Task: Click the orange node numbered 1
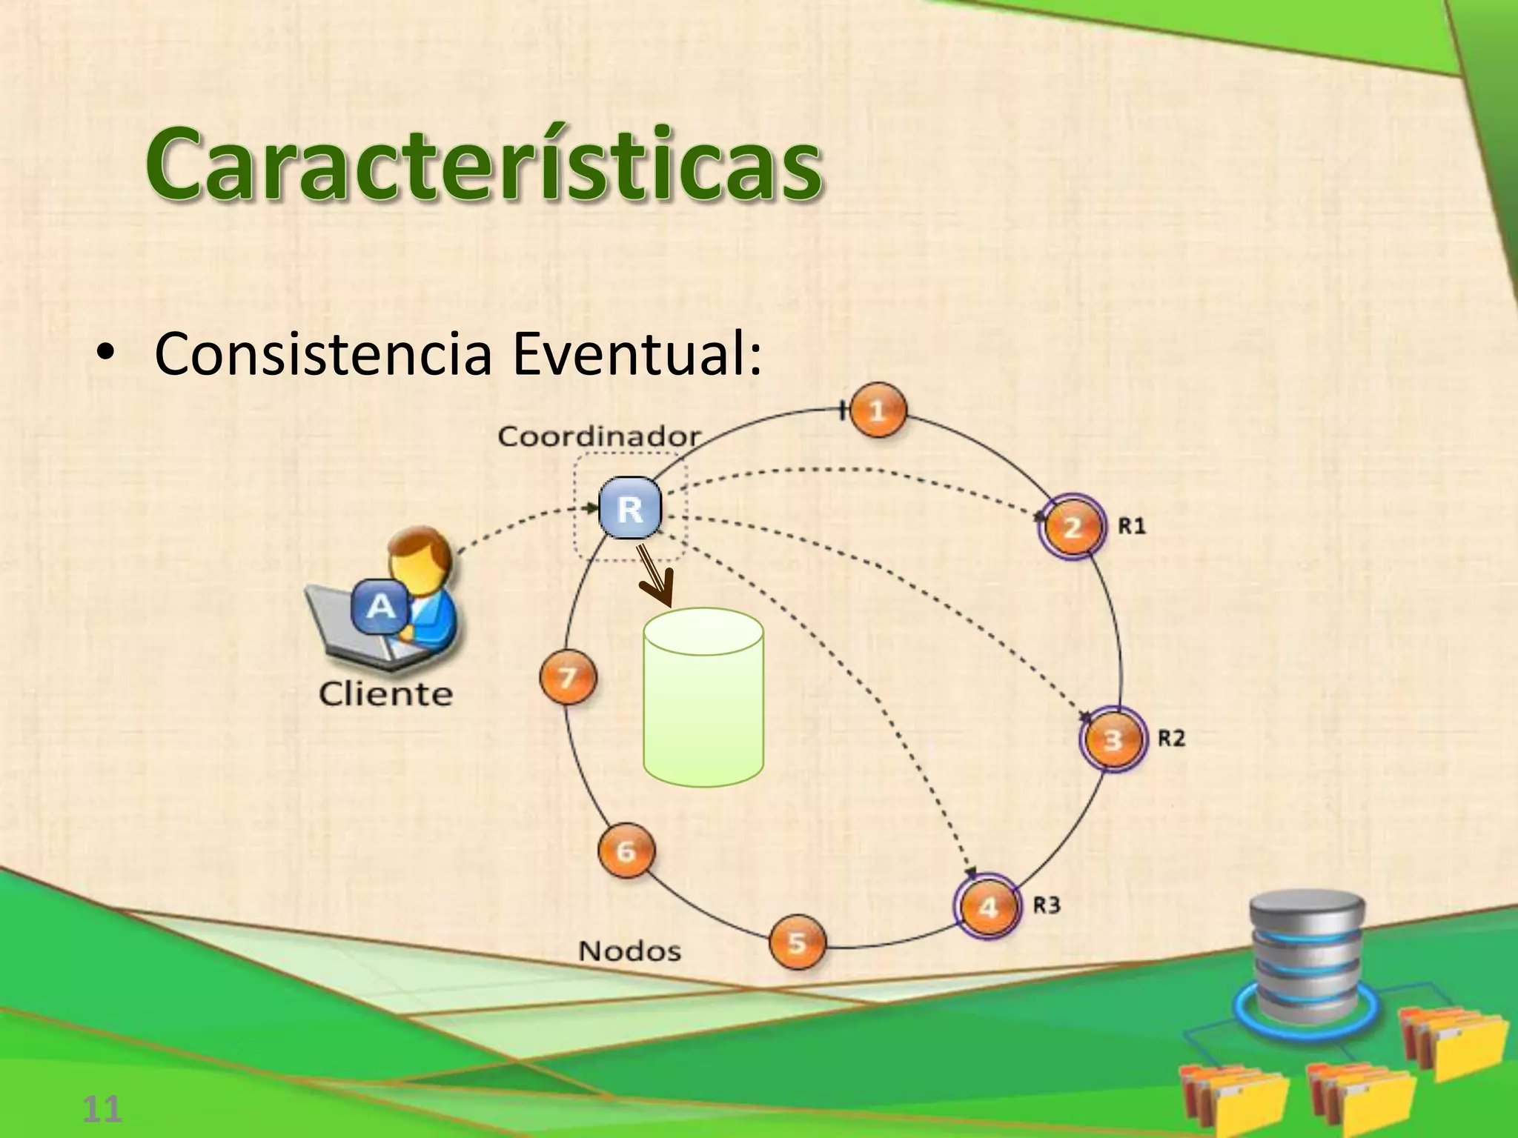pyautogui.click(x=878, y=410)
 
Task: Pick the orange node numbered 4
pyautogui.click(x=988, y=907)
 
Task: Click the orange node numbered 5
pyautogui.click(x=797, y=942)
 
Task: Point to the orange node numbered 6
pyautogui.click(x=626, y=851)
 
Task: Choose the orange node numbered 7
pyautogui.click(x=568, y=677)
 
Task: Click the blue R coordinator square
pyautogui.click(x=630, y=508)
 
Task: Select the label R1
pyautogui.click(x=1132, y=526)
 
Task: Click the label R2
pyautogui.click(x=1171, y=738)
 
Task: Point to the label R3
pyautogui.click(x=1047, y=905)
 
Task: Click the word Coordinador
pyautogui.click(x=599, y=436)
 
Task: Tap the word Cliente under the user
pyautogui.click(x=385, y=694)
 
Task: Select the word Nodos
pyautogui.click(x=629, y=951)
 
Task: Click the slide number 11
pyautogui.click(x=102, y=1109)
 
